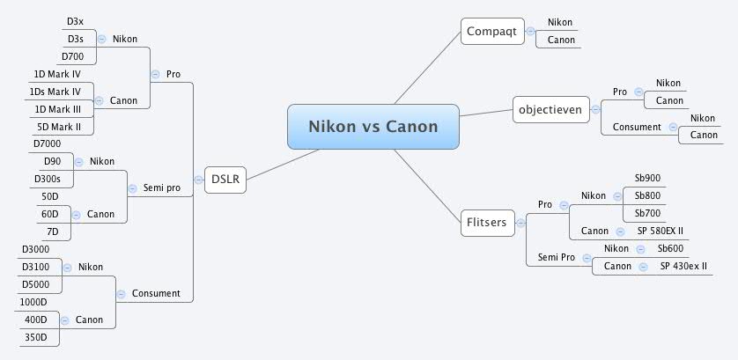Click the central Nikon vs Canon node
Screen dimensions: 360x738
coord(373,127)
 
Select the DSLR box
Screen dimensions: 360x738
coord(225,180)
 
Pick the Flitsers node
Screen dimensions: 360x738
coord(485,223)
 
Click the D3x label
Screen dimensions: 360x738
coord(76,21)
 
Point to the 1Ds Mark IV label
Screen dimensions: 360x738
coord(57,92)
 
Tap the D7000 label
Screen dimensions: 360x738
coord(48,143)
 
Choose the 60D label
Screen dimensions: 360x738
coord(50,213)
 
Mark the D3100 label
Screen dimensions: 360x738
coord(41,266)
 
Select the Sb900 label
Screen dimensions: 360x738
coord(647,178)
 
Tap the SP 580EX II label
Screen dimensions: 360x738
coord(661,231)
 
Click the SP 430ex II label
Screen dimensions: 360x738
coord(683,266)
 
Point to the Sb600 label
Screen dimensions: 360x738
coord(670,248)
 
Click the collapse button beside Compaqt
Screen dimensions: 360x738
coord(529,31)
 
